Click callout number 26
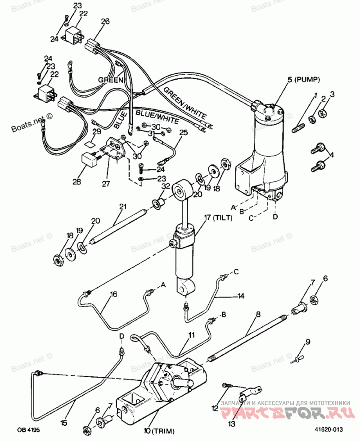click(x=105, y=21)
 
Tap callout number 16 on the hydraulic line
click(x=113, y=294)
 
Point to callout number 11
click(x=192, y=335)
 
